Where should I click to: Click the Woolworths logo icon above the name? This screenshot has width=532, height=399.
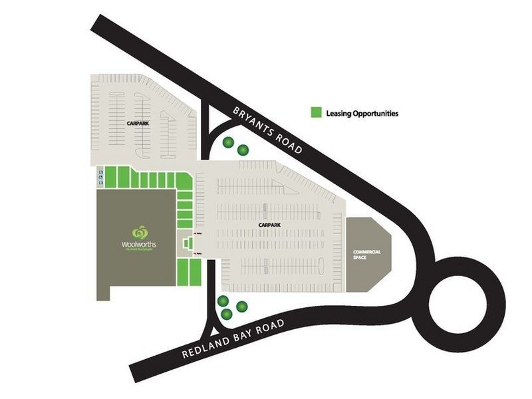tap(140, 233)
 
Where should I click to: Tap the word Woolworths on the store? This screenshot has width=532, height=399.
tap(139, 244)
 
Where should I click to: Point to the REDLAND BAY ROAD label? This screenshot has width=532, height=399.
tap(233, 338)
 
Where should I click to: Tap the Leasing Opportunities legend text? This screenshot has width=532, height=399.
tap(362, 114)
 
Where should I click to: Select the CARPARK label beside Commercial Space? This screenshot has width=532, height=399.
tap(270, 225)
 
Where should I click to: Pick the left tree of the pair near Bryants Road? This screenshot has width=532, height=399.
tap(228, 142)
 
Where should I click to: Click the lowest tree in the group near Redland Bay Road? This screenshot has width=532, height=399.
tap(226, 314)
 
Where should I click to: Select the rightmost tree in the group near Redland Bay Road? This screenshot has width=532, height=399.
tap(242, 306)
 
